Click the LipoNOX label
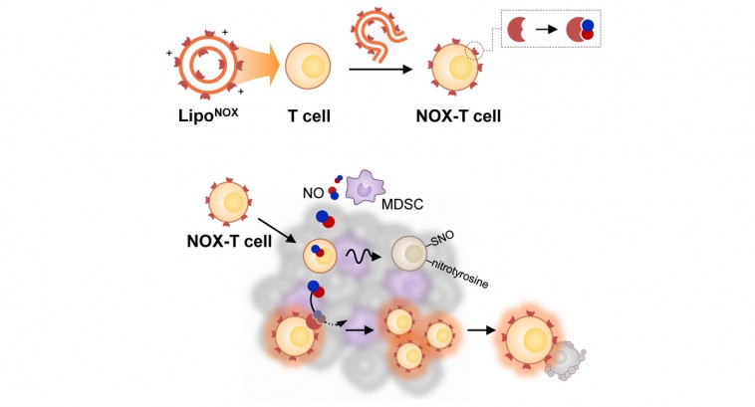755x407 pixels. click(208, 115)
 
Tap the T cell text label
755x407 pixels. click(309, 116)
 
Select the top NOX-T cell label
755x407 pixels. click(458, 116)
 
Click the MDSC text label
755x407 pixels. click(402, 204)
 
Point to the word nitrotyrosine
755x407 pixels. click(459, 274)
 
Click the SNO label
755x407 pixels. click(441, 239)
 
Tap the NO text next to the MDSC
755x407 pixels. click(313, 193)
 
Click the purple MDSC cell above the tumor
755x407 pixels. click(365, 187)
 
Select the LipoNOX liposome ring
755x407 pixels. click(207, 64)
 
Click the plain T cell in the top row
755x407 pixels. click(308, 67)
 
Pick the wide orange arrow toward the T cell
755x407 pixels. click(258, 65)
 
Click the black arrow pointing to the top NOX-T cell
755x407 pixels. click(380, 70)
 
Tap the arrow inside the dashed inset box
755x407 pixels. click(546, 29)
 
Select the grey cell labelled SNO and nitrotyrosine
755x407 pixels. click(409, 254)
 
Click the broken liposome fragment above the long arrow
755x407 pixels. click(378, 36)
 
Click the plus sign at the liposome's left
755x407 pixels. click(169, 53)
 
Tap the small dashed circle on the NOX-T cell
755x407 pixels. click(474, 50)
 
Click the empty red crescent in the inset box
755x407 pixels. click(515, 29)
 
